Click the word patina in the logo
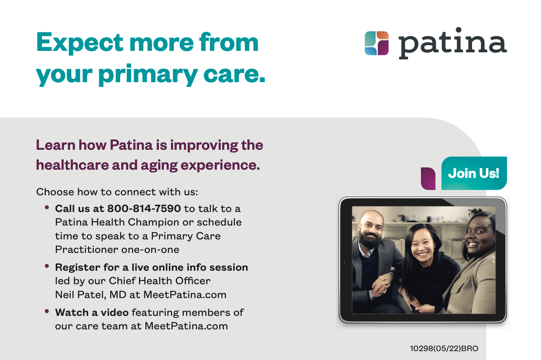[x=452, y=43]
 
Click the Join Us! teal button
[x=474, y=173]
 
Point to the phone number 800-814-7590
[x=144, y=208]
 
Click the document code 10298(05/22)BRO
[x=444, y=348]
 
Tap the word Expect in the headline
[x=80, y=43]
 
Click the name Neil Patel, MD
[x=91, y=295]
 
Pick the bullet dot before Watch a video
[x=47, y=311]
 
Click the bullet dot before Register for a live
[x=47, y=266]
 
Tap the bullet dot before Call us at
[x=47, y=207]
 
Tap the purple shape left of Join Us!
[x=428, y=179]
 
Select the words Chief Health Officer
[x=160, y=281]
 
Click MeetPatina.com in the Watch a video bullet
[x=186, y=326]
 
